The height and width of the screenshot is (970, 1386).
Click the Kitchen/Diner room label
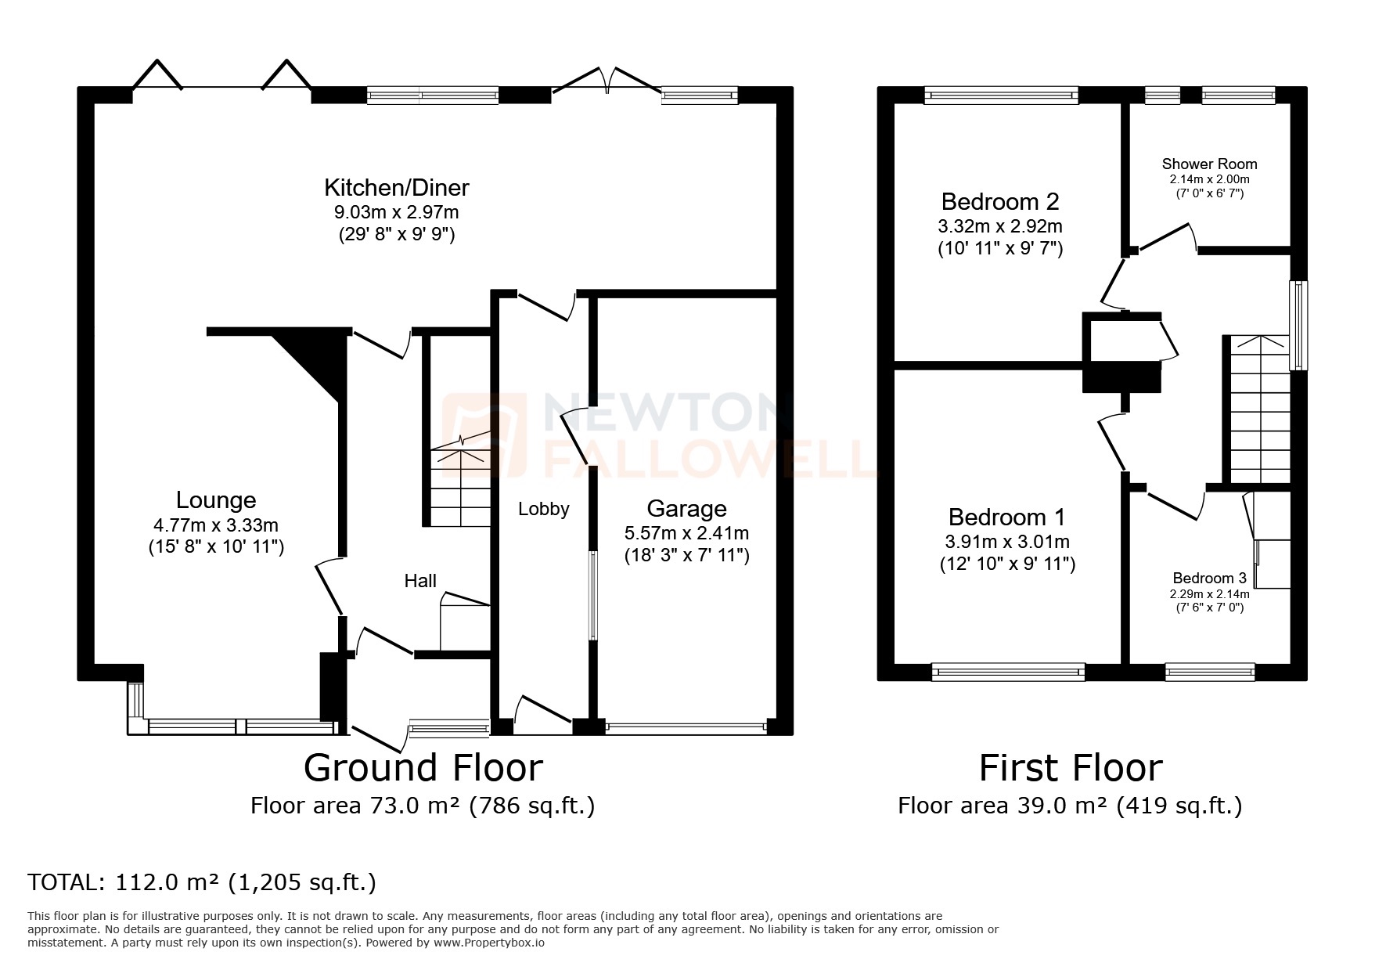click(x=397, y=188)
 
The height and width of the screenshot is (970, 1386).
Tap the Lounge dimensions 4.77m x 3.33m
click(x=216, y=525)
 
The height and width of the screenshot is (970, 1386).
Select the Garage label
click(x=686, y=509)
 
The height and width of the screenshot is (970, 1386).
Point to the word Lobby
click(x=543, y=509)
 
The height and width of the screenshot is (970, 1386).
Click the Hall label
click(x=420, y=581)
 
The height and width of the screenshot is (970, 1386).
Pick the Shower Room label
click(x=1209, y=164)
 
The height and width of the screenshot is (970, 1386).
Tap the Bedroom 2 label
click(x=1000, y=202)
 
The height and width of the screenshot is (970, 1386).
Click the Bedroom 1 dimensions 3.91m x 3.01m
click(x=1007, y=542)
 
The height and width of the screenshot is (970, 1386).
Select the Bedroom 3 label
click(x=1208, y=579)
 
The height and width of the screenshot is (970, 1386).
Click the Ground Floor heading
click(x=423, y=767)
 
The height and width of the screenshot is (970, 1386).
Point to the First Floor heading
click(x=1070, y=767)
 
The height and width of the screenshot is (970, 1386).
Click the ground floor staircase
click(x=459, y=485)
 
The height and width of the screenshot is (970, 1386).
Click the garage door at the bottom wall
click(x=686, y=727)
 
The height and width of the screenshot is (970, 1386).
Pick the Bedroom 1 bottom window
click(x=1008, y=671)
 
